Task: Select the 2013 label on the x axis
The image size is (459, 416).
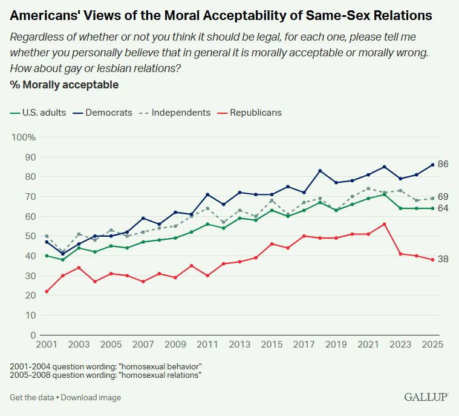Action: coord(239,345)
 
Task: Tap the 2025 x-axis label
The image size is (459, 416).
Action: coord(432,345)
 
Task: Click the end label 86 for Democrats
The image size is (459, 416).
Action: coord(443,164)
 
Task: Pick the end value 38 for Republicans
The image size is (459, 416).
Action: coord(443,259)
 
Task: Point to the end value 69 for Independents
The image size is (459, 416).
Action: coord(443,197)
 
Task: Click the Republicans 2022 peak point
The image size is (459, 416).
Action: coord(385,224)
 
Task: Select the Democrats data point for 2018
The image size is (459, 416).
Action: coord(319,171)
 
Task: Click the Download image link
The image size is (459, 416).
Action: coord(91,398)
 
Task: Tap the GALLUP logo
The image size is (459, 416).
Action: coord(426,397)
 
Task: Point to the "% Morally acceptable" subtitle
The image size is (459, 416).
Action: coord(64,85)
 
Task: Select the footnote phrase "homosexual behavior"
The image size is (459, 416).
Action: coord(162,367)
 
